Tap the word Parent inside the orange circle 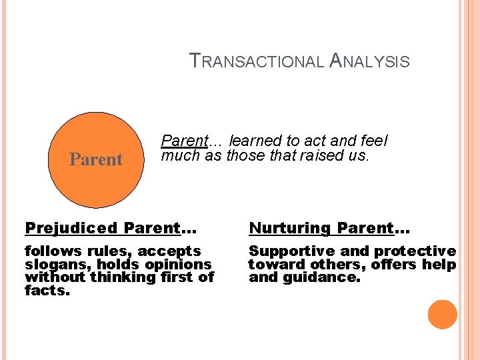(x=97, y=159)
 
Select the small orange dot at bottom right (x=443, y=314)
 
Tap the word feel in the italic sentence (x=374, y=141)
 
